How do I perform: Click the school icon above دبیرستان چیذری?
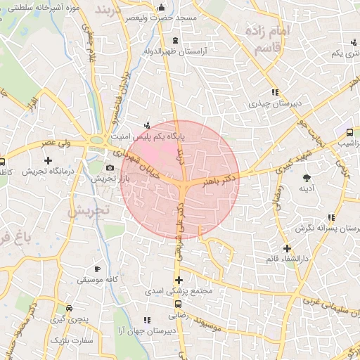point(274,92)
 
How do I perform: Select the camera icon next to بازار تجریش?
point(110,167)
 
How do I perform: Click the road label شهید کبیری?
point(271,166)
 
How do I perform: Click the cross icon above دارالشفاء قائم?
point(287,248)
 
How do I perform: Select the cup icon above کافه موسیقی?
point(97,269)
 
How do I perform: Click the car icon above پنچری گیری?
point(67,308)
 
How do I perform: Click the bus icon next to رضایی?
point(178,304)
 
